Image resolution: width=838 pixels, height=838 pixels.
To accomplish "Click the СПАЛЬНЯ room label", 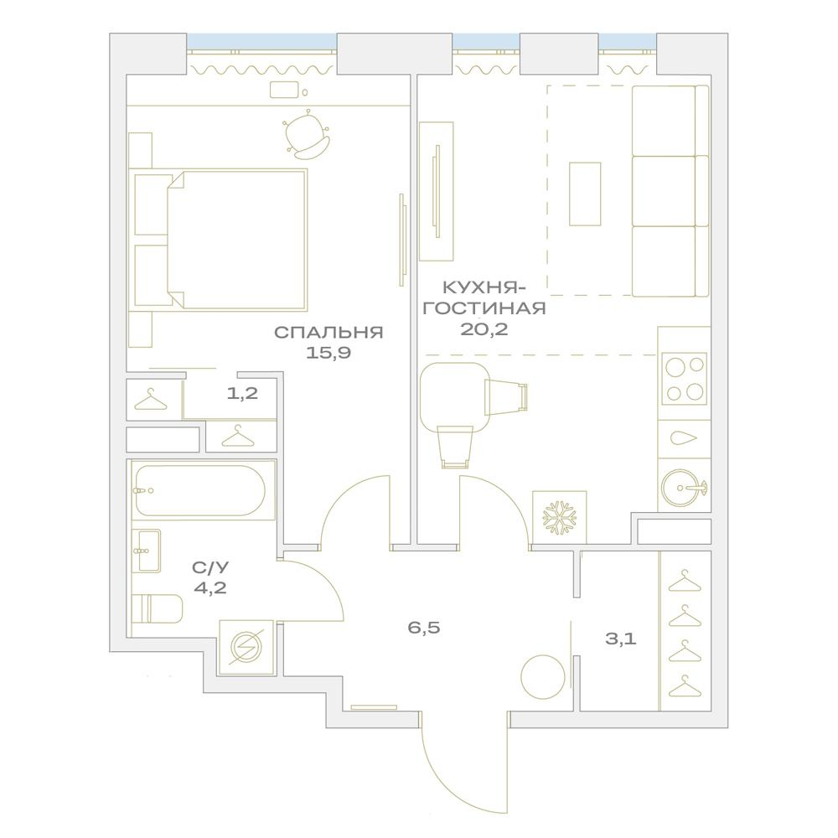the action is point(328,333).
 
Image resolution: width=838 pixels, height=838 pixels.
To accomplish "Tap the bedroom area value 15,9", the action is point(328,353).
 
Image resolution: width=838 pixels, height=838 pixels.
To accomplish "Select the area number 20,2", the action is point(484,329).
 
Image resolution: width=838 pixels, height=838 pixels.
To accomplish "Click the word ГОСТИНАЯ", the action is point(484,308).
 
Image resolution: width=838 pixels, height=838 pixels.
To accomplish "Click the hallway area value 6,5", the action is point(424,628).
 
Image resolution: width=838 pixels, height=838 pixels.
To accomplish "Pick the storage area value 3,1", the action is point(620,639).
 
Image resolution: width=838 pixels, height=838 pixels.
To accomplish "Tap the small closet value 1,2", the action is point(243,394).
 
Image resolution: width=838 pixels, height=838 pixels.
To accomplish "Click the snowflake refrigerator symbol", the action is point(560,518).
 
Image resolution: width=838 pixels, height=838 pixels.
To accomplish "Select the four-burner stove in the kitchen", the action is point(685,379).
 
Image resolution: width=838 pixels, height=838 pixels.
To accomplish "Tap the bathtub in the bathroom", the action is point(200,490).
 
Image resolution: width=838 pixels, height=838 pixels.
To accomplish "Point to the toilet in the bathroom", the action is point(158,608).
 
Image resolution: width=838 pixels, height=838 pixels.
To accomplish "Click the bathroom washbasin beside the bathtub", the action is point(146,551).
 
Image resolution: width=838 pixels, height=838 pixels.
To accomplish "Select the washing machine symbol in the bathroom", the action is point(247,647).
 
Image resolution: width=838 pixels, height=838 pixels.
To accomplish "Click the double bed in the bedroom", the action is point(237,240).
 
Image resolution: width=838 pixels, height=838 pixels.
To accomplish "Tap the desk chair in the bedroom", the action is point(306,135).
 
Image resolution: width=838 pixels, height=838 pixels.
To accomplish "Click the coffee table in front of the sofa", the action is point(585,194).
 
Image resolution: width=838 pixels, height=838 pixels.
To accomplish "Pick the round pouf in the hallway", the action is point(543,676).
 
